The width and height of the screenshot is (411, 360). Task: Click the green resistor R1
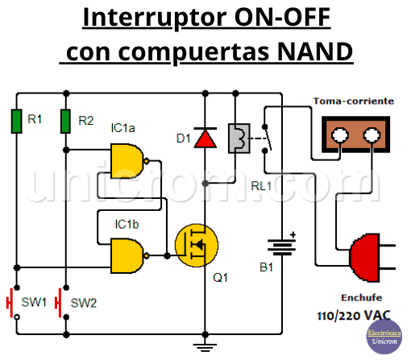(x=16, y=122)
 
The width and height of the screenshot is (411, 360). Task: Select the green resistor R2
(x=66, y=122)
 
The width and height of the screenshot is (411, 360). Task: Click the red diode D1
(x=207, y=139)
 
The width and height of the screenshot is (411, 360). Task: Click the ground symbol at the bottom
(x=207, y=347)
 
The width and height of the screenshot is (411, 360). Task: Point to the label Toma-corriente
(x=353, y=101)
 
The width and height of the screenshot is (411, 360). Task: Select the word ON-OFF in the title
(x=279, y=18)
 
